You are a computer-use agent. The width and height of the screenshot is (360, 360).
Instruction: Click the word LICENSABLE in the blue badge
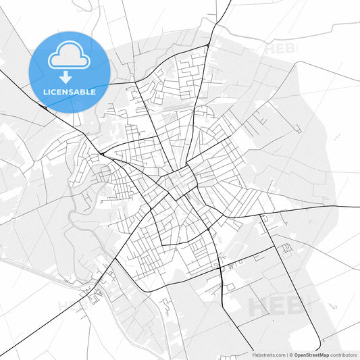pyautogui.click(x=70, y=91)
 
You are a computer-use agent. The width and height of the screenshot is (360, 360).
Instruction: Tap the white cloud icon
pyautogui.click(x=70, y=55)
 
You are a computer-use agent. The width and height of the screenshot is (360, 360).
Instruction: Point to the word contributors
pyautogui.click(x=344, y=355)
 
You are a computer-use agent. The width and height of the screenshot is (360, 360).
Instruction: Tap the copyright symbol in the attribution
pyautogui.click(x=291, y=355)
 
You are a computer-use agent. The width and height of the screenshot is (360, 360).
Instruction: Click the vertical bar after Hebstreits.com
pyautogui.click(x=287, y=355)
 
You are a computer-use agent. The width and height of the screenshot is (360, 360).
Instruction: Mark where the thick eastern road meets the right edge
pyautogui.click(x=358, y=206)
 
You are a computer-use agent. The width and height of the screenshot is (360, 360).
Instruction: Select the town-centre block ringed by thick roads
pyautogui.click(x=178, y=182)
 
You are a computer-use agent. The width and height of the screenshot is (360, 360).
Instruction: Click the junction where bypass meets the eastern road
pyautogui.click(x=261, y=216)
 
